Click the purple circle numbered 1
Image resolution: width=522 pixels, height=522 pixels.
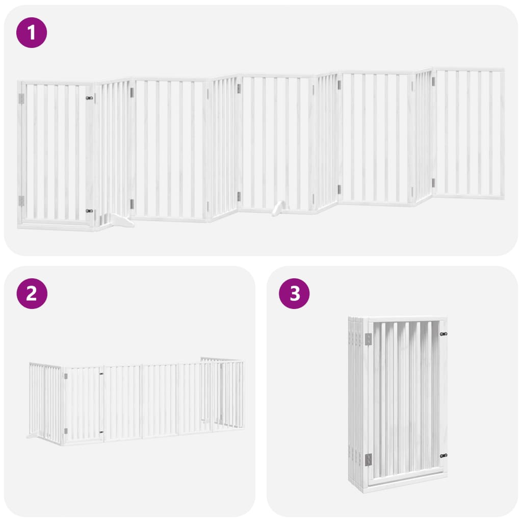coord(32,33)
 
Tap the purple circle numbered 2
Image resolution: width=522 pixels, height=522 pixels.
coord(32,294)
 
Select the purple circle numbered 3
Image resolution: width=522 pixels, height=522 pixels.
coord(294,294)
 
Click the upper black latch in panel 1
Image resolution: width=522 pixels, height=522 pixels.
coord(89,98)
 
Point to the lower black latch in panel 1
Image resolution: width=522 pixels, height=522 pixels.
coord(89,211)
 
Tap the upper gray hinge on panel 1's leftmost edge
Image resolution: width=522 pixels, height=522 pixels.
coord(21,98)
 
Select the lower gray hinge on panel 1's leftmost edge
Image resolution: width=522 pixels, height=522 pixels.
coord(21,201)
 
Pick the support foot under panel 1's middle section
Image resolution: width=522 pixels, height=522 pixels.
coord(279,208)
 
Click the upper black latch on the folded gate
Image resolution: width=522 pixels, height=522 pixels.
coord(443,334)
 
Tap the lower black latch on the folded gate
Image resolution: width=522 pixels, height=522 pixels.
coord(443,456)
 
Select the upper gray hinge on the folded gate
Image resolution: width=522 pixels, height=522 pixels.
coord(368,339)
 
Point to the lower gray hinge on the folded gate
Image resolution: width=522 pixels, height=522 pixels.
coord(368,460)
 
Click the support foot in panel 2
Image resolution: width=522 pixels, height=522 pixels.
coord(33,436)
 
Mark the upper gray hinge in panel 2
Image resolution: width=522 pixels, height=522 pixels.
coord(66,376)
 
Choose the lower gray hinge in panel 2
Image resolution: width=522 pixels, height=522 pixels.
coord(66,431)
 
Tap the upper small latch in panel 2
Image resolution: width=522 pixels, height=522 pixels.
coord(101,374)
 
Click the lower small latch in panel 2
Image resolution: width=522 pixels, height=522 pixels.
coord(101,432)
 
